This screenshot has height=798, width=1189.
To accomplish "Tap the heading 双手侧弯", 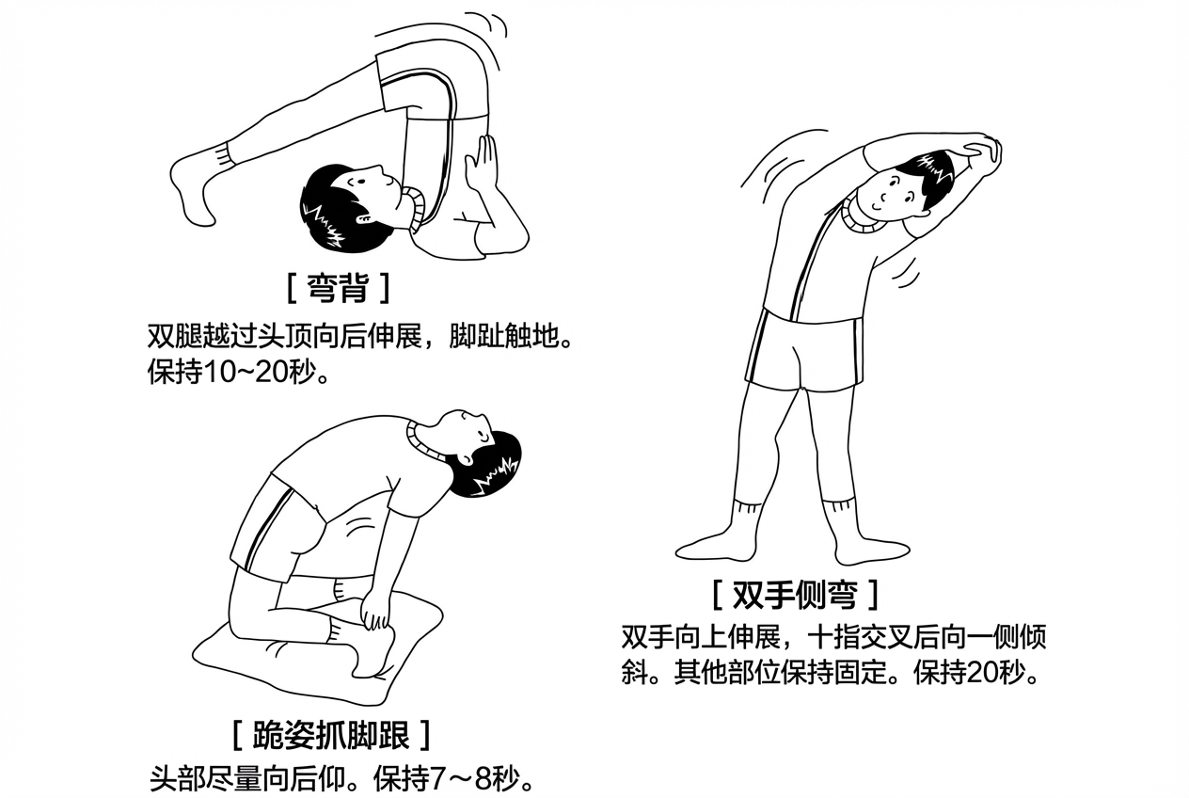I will [x=795, y=594].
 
